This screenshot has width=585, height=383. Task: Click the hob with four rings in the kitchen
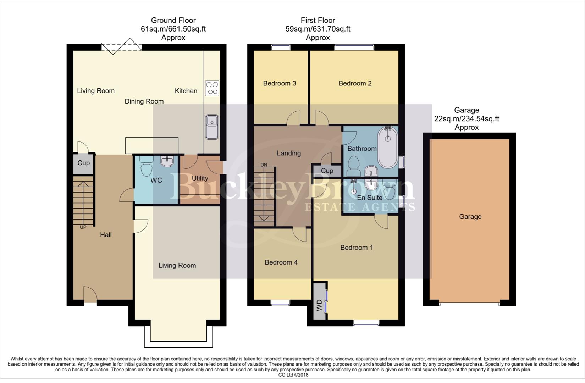click(x=212, y=88)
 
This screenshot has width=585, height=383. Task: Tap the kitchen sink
click(x=212, y=127)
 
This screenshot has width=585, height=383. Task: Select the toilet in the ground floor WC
click(x=146, y=167)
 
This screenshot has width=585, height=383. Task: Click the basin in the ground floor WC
click(x=167, y=161)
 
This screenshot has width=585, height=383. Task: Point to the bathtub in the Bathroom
click(x=388, y=147)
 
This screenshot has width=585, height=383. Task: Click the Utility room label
click(x=200, y=178)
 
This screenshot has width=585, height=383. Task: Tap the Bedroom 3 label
click(x=280, y=83)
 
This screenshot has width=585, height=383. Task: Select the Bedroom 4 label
click(x=281, y=262)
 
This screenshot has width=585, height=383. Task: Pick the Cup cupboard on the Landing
click(x=327, y=171)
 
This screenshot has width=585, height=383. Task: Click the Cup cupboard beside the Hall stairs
click(x=84, y=163)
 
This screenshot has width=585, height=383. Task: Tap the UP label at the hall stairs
click(x=83, y=227)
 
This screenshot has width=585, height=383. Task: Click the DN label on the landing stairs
click(x=264, y=165)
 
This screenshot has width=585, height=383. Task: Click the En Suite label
click(x=370, y=198)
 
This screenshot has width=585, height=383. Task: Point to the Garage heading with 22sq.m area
click(x=467, y=118)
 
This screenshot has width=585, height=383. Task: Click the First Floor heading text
click(x=318, y=21)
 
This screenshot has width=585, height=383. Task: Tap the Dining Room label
click(x=144, y=101)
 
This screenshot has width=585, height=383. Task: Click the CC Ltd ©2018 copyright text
click(x=293, y=375)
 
